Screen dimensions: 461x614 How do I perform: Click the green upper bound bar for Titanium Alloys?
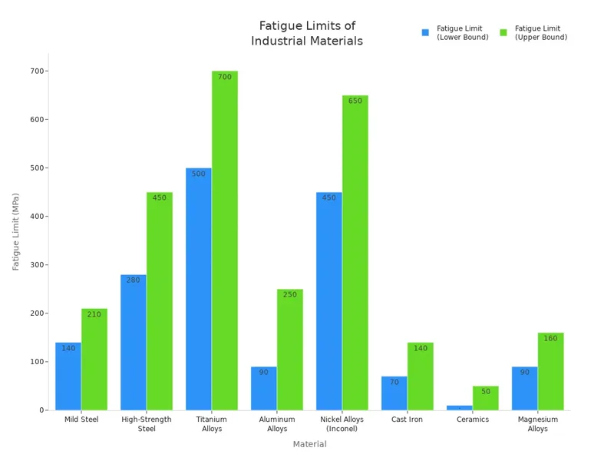[x=225, y=246]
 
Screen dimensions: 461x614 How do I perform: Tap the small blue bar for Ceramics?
[x=460, y=407]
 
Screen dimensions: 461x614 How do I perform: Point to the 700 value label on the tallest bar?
[x=225, y=77]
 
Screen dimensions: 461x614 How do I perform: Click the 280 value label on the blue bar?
[x=134, y=280]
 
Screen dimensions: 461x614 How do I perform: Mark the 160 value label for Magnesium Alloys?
[x=550, y=339]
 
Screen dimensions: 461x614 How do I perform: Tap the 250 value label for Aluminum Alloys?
[x=290, y=295]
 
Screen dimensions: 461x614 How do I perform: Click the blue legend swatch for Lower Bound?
[x=425, y=33]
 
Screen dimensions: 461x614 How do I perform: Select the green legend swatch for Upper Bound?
[x=503, y=33]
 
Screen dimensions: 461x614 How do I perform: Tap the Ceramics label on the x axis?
[x=473, y=420]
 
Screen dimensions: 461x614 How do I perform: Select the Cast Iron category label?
[x=408, y=420]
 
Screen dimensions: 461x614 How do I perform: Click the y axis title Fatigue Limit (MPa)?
[x=16, y=231]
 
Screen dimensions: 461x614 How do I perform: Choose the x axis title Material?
[x=309, y=444]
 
